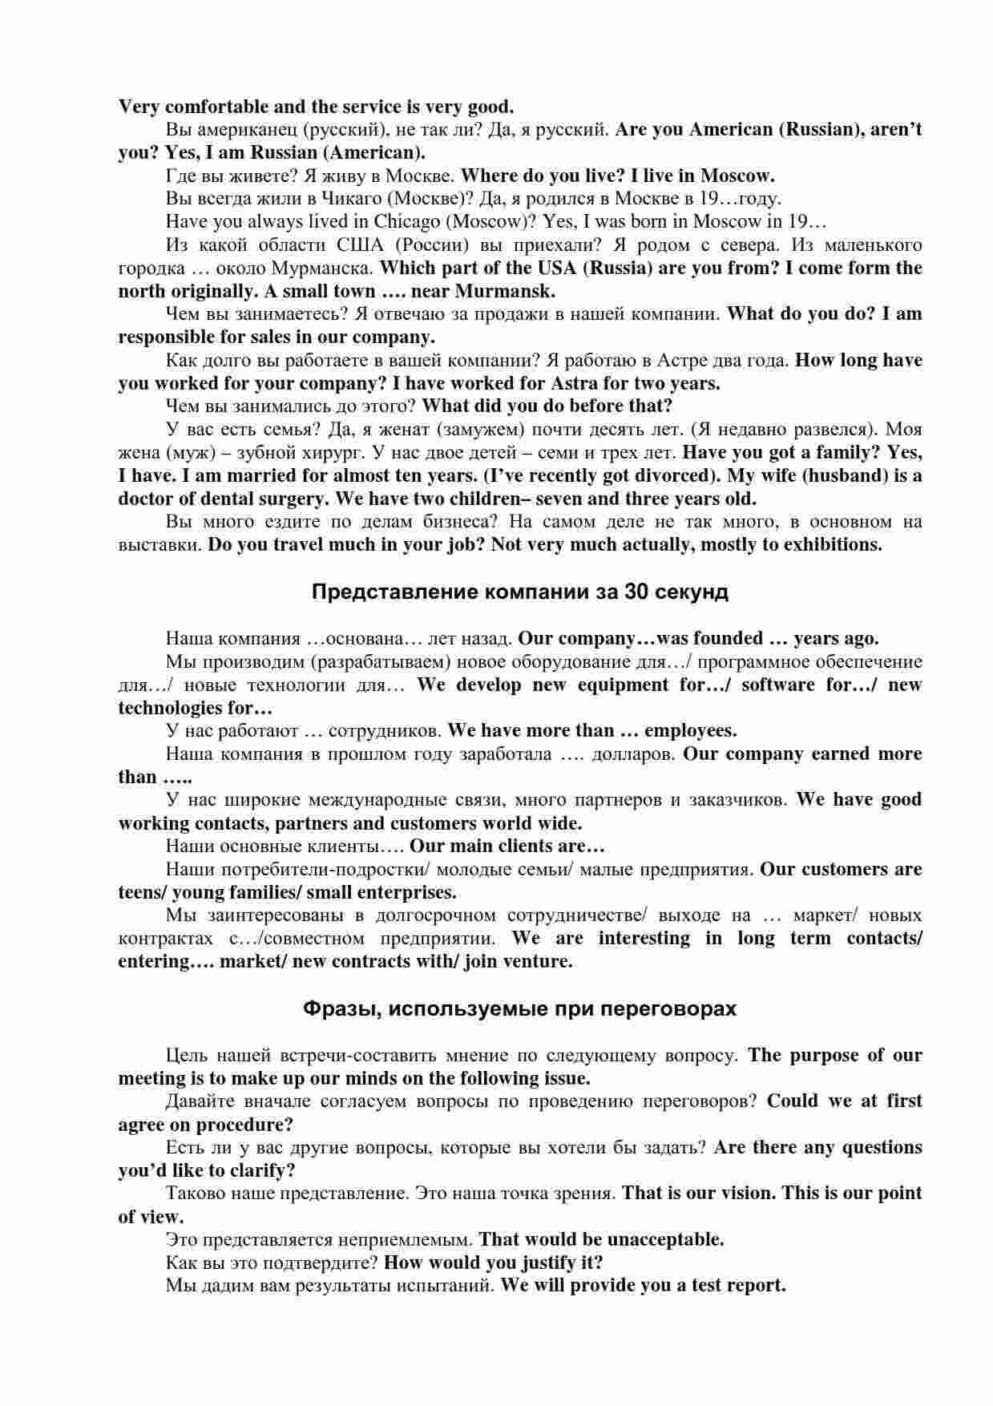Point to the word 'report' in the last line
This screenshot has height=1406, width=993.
[754, 1285]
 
